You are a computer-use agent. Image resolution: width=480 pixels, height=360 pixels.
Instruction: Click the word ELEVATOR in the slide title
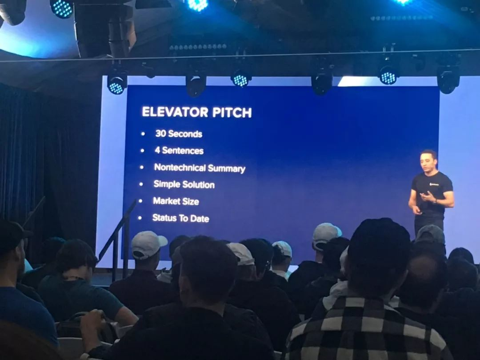click(175, 112)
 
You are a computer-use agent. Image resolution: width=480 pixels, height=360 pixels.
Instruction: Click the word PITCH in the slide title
click(232, 112)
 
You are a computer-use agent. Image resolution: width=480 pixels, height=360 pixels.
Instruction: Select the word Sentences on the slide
click(183, 151)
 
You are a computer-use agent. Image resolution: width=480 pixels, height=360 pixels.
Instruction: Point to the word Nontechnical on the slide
click(180, 167)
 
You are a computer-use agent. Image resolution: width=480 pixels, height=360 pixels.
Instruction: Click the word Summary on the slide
click(227, 169)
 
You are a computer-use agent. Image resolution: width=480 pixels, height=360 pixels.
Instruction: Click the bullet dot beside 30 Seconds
click(143, 134)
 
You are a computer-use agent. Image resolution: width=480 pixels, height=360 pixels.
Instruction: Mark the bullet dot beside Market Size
click(140, 201)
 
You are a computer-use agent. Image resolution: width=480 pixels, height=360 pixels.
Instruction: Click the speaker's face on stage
click(428, 162)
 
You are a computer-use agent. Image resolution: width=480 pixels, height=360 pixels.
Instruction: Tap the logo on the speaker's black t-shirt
click(434, 184)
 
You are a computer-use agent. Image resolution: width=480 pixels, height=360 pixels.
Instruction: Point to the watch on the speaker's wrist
click(435, 201)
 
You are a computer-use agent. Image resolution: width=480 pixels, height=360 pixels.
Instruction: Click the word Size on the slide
click(191, 201)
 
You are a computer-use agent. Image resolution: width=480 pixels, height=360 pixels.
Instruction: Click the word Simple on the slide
click(167, 184)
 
